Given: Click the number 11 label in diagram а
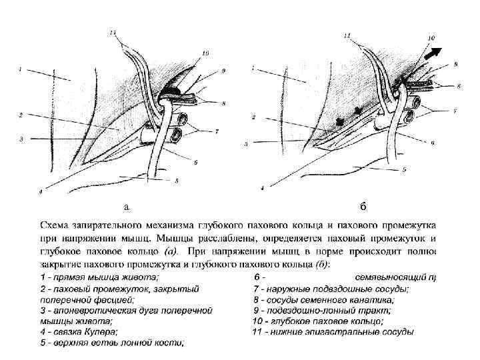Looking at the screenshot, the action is click(x=113, y=31).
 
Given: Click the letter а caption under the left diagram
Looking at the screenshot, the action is click(x=125, y=205).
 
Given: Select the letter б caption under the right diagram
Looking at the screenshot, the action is click(x=362, y=204).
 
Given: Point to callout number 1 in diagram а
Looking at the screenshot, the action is click(x=20, y=68).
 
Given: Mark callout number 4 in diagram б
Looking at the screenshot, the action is click(x=263, y=189).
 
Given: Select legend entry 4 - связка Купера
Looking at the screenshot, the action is click(x=79, y=331).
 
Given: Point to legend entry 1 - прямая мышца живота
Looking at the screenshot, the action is click(x=99, y=277).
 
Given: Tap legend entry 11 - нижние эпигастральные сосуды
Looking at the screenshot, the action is click(x=333, y=331).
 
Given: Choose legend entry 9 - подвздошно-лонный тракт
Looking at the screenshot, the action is click(x=322, y=310).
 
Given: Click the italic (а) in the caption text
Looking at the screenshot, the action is click(x=170, y=251).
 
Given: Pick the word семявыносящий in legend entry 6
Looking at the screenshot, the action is click(x=391, y=277).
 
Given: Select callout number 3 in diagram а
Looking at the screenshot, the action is click(x=22, y=139).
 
